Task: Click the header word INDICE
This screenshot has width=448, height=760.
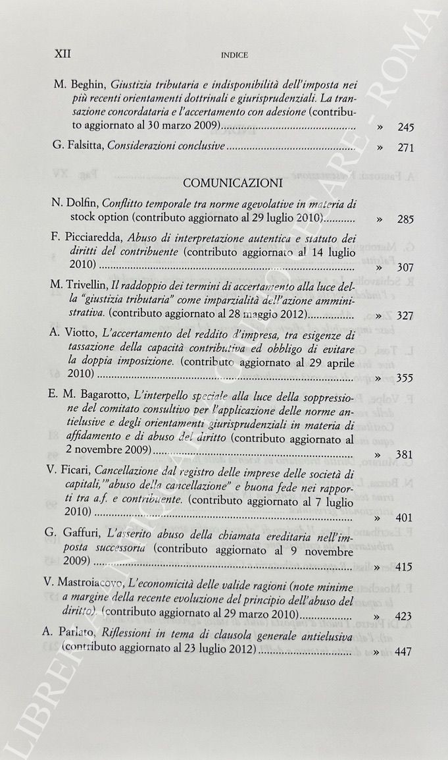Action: pos(235,55)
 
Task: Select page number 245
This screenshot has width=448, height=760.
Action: pos(406,128)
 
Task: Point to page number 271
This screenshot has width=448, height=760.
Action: pos(406,149)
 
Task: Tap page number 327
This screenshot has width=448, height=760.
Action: pos(406,316)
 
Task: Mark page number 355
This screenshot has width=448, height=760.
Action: pos(406,379)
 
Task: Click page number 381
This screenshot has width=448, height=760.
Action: pos(406,455)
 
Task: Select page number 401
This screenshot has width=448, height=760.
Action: pos(406,518)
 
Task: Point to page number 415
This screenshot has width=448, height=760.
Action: pos(406,566)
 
